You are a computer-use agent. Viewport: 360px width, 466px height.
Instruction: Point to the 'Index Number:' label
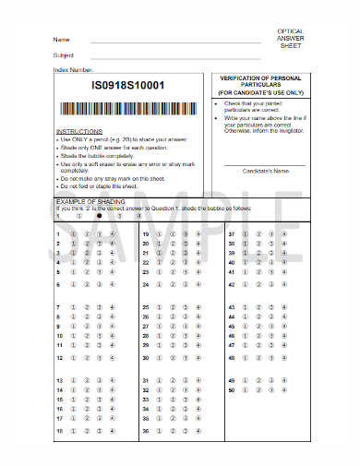point(74,69)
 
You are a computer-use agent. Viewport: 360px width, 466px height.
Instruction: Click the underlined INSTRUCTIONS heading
point(79,132)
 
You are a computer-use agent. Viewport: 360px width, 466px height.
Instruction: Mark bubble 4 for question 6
point(112,285)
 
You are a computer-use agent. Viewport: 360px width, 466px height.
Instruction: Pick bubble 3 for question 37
point(271,234)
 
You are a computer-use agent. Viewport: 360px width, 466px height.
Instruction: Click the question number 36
point(146,431)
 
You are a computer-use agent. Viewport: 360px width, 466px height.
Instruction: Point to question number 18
point(58,431)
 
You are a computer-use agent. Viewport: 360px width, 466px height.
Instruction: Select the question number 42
point(232,285)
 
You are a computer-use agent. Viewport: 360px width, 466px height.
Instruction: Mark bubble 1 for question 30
point(158,356)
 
